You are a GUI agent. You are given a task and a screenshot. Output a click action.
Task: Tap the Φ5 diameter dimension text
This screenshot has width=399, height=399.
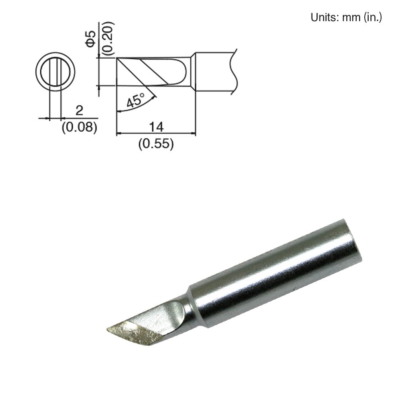(x=91, y=38)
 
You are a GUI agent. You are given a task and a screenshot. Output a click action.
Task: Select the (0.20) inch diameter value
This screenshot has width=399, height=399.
(x=107, y=38)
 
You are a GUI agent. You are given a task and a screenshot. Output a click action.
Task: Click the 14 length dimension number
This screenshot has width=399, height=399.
(x=156, y=127)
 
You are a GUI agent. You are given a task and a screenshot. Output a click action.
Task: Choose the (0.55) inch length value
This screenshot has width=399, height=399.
(x=156, y=144)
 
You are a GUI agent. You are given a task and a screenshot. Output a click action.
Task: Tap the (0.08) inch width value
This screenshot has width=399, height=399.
(x=80, y=127)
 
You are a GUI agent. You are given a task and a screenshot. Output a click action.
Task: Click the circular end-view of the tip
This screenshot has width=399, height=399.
(x=55, y=71)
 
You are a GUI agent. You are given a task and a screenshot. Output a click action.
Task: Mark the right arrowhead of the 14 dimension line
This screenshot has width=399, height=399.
(x=193, y=134)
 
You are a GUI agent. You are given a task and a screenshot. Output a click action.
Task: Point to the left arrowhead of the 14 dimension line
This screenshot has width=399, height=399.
(x=119, y=134)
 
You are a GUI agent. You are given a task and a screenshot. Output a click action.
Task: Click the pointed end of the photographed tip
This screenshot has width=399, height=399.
(x=108, y=330)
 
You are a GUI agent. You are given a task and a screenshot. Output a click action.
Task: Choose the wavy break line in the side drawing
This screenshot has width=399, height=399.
(x=234, y=72)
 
